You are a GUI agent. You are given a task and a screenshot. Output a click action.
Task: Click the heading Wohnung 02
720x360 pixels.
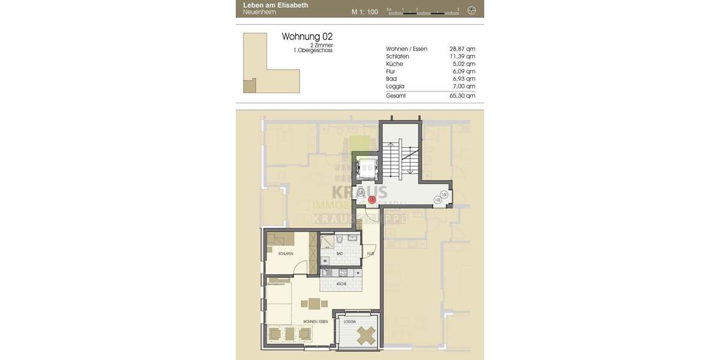pyautogui.click(x=307, y=37)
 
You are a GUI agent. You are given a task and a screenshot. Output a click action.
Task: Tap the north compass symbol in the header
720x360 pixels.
pyautogui.click(x=472, y=10)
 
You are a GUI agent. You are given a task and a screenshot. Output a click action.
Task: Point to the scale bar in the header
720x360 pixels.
pyautogui.click(x=423, y=11)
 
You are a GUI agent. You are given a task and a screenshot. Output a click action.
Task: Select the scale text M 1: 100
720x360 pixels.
pyautogui.click(x=365, y=11)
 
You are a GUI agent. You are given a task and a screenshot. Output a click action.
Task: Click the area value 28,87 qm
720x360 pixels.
pyautogui.click(x=462, y=49)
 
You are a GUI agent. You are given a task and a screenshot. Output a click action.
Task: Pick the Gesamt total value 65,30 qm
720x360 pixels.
pyautogui.click(x=462, y=95)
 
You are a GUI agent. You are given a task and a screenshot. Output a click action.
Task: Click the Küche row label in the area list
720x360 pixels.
pyautogui.click(x=394, y=64)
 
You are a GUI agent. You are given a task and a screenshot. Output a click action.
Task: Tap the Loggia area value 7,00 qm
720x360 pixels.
pyautogui.click(x=462, y=86)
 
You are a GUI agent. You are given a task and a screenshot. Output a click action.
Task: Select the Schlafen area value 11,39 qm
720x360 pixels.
pyautogui.click(x=462, y=56)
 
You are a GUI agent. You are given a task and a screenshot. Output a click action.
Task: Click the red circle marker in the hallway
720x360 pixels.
pyautogui.click(x=371, y=200)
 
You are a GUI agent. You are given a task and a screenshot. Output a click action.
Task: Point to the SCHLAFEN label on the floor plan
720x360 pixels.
pyautogui.click(x=286, y=254)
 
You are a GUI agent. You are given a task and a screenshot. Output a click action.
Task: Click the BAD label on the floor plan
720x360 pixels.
pyautogui.click(x=340, y=254)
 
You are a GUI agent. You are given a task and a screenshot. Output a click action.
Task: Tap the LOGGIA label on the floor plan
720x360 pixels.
pyautogui.click(x=349, y=322)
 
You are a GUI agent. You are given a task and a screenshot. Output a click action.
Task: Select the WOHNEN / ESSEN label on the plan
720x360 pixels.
pyautogui.click(x=316, y=322)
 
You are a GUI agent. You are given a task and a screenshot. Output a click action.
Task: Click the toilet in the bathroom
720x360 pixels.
pyautogui.click(x=340, y=240)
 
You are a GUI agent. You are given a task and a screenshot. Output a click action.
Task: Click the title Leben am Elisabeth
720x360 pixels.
pyautogui.click(x=275, y=5)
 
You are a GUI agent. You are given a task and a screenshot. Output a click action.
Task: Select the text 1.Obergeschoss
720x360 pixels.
pyautogui.click(x=313, y=50)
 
